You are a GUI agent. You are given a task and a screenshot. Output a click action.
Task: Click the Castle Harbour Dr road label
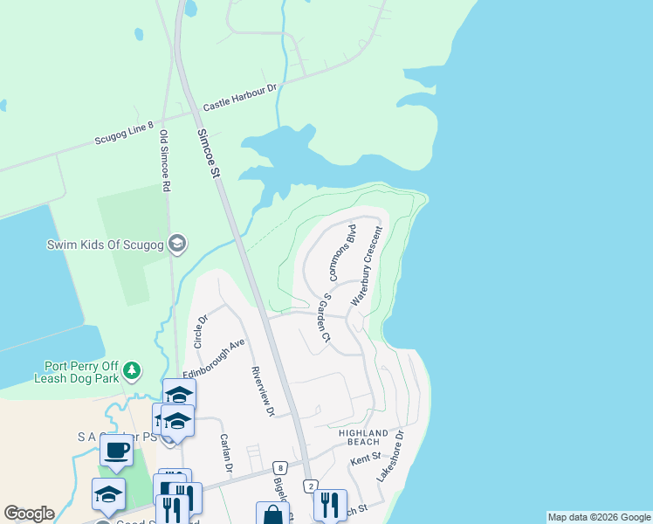coord(239,97)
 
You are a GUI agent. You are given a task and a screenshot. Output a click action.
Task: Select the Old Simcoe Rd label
coord(163,161)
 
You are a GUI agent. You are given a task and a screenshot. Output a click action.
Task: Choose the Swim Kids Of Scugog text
coord(106,245)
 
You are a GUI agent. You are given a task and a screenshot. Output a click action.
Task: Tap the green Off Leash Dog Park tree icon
coord(132,371)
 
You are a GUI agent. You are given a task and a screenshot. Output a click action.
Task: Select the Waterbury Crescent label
coord(368,265)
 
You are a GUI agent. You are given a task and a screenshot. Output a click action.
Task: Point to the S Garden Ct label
coord(326,317)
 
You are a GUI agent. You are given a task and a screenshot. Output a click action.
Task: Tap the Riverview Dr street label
coord(263,390)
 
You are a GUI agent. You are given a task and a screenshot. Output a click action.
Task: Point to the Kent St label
coord(365,458)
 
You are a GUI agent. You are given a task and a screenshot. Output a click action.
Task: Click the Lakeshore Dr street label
coord(391,456)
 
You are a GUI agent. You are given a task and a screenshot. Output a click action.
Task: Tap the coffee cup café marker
coord(116,451)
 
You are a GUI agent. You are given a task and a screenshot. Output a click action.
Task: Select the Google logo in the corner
coord(29,514)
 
